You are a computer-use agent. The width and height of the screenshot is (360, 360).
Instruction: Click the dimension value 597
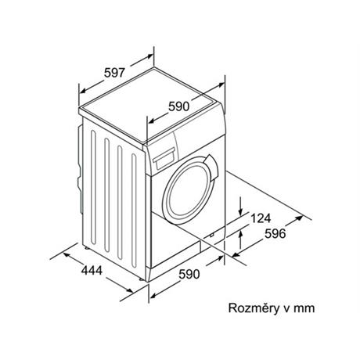(x=115, y=73)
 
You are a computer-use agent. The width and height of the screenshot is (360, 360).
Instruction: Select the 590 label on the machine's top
(x=179, y=106)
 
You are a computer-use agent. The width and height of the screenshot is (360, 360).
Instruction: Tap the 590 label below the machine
(x=189, y=274)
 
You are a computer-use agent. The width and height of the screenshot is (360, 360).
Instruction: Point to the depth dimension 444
(x=92, y=270)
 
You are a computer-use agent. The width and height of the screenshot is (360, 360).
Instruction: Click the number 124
(x=261, y=218)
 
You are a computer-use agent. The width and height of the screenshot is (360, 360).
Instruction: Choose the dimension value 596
(x=275, y=233)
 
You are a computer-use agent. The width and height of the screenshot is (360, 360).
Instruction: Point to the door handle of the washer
(x=214, y=167)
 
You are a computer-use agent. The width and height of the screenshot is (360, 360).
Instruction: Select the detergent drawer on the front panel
(x=164, y=158)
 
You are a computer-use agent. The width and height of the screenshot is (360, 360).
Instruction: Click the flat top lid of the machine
(x=150, y=104)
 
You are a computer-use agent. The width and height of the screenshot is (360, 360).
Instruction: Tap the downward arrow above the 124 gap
(x=241, y=206)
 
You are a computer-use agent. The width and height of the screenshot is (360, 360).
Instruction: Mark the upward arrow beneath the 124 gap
(x=241, y=239)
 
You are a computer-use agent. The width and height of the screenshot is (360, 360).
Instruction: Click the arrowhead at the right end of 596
(x=300, y=218)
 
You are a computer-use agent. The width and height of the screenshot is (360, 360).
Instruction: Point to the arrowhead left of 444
(x=67, y=254)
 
